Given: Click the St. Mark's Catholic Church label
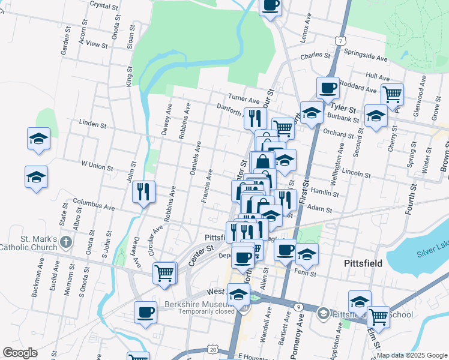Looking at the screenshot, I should (x=28, y=243).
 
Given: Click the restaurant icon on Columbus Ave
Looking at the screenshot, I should (x=143, y=192).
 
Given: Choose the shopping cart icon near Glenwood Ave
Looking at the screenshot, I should (x=392, y=94).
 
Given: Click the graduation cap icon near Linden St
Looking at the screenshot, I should (x=38, y=139).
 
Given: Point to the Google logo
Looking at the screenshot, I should (x=20, y=353).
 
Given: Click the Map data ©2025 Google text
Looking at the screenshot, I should (x=411, y=355).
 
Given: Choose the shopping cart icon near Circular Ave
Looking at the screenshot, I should (x=164, y=272).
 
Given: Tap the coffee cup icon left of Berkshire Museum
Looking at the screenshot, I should (x=145, y=313).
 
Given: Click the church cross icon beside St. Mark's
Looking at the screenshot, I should (x=66, y=244).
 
